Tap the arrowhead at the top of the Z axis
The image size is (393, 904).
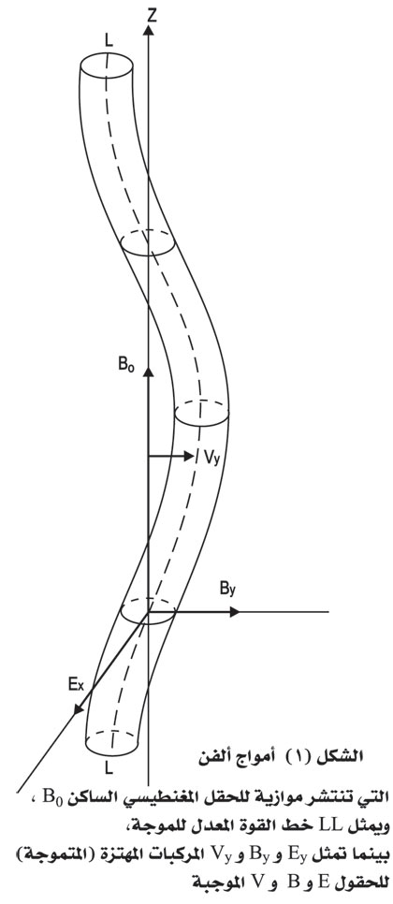pyautogui.click(x=149, y=29)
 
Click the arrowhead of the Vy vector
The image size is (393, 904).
pyautogui.click(x=189, y=456)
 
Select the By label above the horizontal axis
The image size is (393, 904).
pyautogui.click(x=227, y=590)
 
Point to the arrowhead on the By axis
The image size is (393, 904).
pyautogui.click(x=235, y=612)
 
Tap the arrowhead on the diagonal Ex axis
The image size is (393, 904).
pyautogui.click(x=78, y=708)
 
